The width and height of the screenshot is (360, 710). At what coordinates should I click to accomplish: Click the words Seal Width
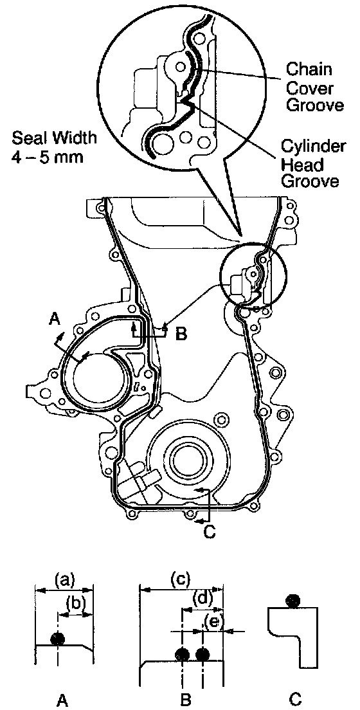point(54,137)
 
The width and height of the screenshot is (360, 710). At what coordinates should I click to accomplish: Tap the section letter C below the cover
point(209,532)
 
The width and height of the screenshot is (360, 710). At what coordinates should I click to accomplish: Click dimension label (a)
point(64,579)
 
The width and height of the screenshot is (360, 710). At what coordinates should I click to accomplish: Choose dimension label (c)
point(181,579)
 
